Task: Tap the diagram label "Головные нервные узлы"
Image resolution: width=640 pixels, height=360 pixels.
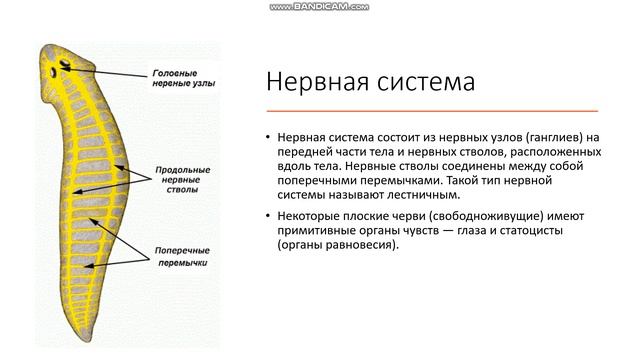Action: [183, 79]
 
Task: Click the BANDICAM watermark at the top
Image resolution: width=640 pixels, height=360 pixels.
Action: [319, 7]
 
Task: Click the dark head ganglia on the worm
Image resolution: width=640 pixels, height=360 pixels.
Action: [64, 69]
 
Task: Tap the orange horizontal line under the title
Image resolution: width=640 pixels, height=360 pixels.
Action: [432, 109]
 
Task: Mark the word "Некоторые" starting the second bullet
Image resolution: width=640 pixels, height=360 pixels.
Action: [311, 216]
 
